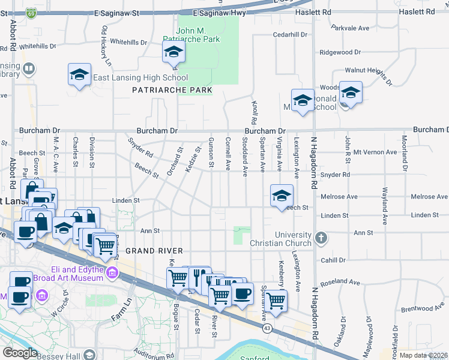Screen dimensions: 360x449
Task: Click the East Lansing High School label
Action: pyautogui.click(x=140, y=77)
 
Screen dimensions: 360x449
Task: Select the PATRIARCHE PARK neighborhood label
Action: pyautogui.click(x=172, y=90)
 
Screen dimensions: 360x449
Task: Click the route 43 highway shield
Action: pyautogui.click(x=267, y=328)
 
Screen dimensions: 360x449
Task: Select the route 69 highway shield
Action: pyautogui.click(x=31, y=11)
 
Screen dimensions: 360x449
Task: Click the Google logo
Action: pyautogui.click(x=20, y=353)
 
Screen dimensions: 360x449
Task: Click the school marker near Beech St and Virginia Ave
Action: pyautogui.click(x=282, y=196)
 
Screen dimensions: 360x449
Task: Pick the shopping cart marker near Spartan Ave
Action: pyautogui.click(x=276, y=300)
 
